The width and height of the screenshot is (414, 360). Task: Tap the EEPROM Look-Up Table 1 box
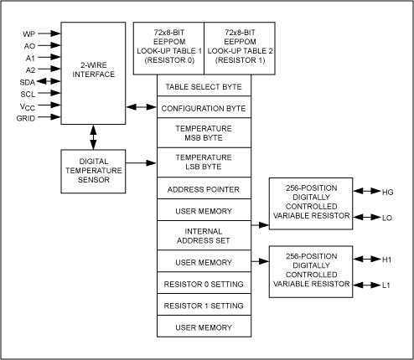pyautogui.click(x=168, y=49)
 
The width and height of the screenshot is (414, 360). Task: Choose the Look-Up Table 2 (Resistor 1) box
pyautogui.click(x=239, y=49)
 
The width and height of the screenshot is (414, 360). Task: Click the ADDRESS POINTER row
pyautogui.click(x=204, y=189)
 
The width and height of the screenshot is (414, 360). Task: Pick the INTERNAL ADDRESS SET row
pyautogui.click(x=204, y=237)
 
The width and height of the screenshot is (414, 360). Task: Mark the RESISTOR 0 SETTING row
pyautogui.click(x=204, y=284)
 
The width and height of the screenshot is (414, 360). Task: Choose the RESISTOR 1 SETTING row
pyautogui.click(x=204, y=306)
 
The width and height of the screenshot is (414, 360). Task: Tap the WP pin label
pyautogui.click(x=28, y=34)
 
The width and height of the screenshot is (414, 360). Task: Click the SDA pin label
pyautogui.click(x=27, y=81)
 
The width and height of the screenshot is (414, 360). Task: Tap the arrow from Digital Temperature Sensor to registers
pyautogui.click(x=139, y=163)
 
